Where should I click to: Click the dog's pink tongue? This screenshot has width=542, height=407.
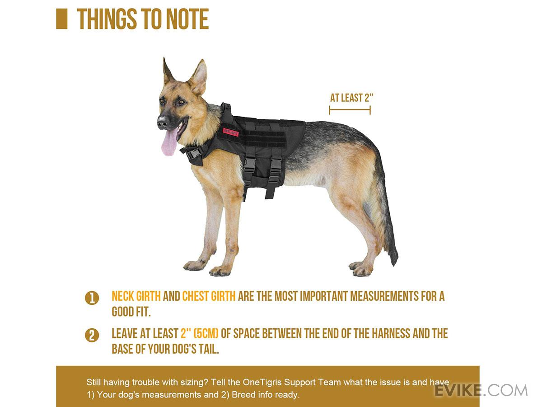pyautogui.click(x=169, y=143)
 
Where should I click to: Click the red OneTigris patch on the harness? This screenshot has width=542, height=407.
pyautogui.click(x=231, y=132)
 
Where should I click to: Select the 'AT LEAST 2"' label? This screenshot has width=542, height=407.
pyautogui.click(x=351, y=98)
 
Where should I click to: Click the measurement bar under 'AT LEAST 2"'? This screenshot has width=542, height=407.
pyautogui.click(x=350, y=110)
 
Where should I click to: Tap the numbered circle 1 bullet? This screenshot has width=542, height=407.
pyautogui.click(x=92, y=298)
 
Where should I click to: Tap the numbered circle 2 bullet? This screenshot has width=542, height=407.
pyautogui.click(x=92, y=336)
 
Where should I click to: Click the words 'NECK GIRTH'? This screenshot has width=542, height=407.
pyautogui.click(x=136, y=296)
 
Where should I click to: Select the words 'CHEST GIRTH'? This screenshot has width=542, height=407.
pyautogui.click(x=209, y=296)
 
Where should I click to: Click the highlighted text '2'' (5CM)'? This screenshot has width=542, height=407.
pyautogui.click(x=200, y=333)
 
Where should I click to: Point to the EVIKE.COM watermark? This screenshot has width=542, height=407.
pyautogui.click(x=481, y=391)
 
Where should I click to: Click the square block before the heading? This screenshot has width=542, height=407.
pyautogui.click(x=62, y=19)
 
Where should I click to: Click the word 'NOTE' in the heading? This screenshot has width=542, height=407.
pyautogui.click(x=187, y=19)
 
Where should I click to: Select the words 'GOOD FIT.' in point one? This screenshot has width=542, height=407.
pyautogui.click(x=131, y=312)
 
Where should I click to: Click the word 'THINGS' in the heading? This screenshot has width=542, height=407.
pyautogui.click(x=107, y=19)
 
